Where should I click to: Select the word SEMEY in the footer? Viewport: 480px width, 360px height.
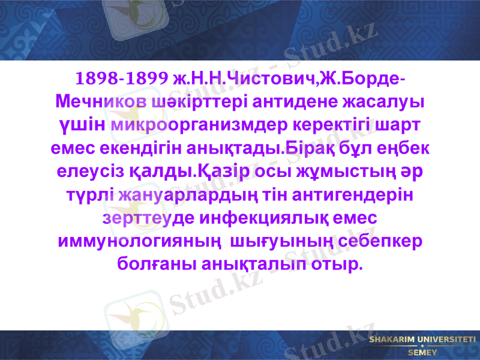tap(422, 353)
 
